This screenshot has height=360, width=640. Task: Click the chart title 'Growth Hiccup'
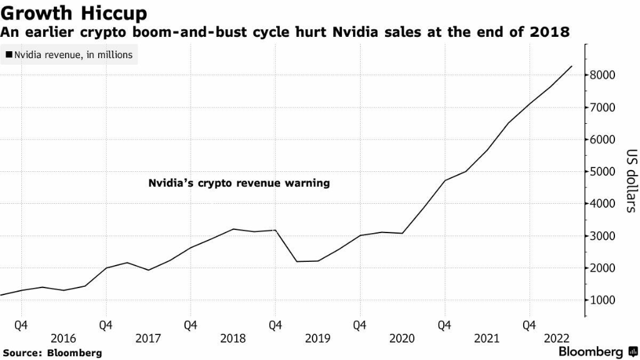pyautogui.click(x=74, y=13)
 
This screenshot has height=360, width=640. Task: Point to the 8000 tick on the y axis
pyautogui.click(x=603, y=75)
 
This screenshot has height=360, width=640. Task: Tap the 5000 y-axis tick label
pyautogui.click(x=603, y=172)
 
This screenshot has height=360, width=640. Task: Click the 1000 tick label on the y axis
pyautogui.click(x=603, y=300)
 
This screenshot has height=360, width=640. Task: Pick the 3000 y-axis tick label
pyautogui.click(x=603, y=236)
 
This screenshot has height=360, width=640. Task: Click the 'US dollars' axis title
pyautogui.click(x=631, y=181)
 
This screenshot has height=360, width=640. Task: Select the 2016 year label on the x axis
pyautogui.click(x=63, y=339)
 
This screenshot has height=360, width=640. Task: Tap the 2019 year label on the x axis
pyautogui.click(x=317, y=339)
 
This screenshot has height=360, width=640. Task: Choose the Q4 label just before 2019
pyautogui.click(x=275, y=325)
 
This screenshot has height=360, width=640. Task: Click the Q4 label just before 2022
pyautogui.click(x=529, y=325)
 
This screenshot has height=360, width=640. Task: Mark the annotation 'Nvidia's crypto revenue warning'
pyautogui.click(x=239, y=184)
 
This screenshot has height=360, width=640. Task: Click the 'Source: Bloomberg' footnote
pyautogui.click(x=52, y=353)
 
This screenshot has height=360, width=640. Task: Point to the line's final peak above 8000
pyautogui.click(x=571, y=66)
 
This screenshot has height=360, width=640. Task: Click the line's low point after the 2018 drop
pyautogui.click(x=296, y=261)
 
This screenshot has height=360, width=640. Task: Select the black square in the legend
pyautogui.click(x=9, y=55)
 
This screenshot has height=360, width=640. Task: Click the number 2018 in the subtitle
pyautogui.click(x=549, y=31)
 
